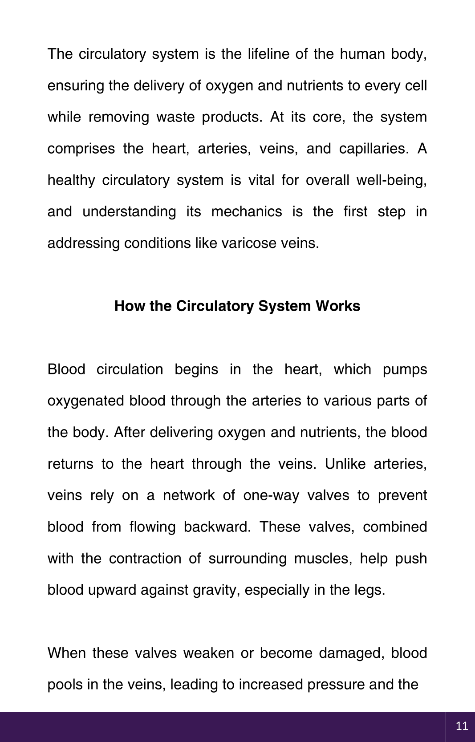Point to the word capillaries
(x=374, y=149)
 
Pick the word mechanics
(x=246, y=211)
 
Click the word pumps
(x=405, y=369)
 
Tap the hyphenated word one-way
(x=271, y=495)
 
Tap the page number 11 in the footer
(x=462, y=726)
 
